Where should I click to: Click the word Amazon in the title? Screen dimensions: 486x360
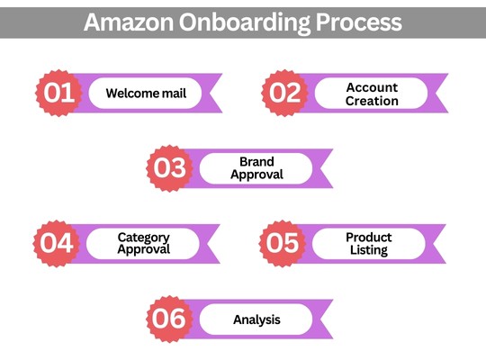coord(129,22)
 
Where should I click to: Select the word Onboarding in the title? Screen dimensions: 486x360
coord(245,23)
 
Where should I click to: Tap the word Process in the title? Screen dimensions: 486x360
coord(358,22)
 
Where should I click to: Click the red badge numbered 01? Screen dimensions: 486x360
coord(58,93)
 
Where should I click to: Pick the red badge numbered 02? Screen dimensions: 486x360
coord(284,93)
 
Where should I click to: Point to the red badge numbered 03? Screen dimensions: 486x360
coord(169,168)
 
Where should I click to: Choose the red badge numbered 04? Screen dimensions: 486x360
coord(57,243)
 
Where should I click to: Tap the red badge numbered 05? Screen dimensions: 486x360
coord(283,243)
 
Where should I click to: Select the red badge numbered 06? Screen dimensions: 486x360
coord(169,319)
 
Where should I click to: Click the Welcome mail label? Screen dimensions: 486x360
coord(146,93)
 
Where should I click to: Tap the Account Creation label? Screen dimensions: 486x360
coord(372,94)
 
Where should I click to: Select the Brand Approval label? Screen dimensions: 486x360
coord(256,168)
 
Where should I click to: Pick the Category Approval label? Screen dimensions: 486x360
coord(144,244)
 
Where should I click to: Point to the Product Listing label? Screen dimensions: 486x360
coord(369,244)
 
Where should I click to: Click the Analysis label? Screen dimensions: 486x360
coord(256,319)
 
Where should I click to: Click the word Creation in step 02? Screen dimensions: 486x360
coord(372,101)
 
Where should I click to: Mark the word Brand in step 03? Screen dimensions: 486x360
coord(256,162)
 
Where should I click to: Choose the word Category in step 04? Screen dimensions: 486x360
coord(144,238)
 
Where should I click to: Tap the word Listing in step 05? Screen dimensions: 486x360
coord(369,250)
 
